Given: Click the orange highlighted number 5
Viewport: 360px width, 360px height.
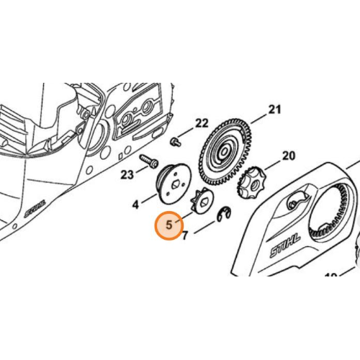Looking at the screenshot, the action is tap(169, 225).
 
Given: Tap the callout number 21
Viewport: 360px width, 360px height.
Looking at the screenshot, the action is tap(274, 109).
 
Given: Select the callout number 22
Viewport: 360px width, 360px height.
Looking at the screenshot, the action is tap(202, 124).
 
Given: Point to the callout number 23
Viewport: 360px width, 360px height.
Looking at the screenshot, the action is tap(127, 175).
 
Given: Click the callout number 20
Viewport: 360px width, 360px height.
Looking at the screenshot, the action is tap(289, 156).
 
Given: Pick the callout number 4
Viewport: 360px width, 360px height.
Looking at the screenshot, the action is tap(136, 204).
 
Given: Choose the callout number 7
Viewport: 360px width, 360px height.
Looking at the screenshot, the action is tap(184, 236).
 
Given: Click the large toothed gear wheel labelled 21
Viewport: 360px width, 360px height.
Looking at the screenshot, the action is tap(225, 152).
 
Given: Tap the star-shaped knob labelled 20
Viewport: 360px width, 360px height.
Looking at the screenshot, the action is tap(251, 183).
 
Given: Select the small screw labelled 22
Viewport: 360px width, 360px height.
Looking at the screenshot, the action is tap(175, 141).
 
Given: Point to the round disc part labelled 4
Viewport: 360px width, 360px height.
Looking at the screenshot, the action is tap(174, 184).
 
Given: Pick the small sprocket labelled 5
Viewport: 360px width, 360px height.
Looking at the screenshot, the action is tap(202, 200).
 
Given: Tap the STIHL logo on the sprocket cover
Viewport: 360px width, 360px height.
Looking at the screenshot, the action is tap(285, 246).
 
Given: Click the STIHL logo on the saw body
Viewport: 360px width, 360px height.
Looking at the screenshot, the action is tap(35, 208).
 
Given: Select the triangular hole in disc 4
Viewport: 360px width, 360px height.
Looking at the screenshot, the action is tap(175, 185).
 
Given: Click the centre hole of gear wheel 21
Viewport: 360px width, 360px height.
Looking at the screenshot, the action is tap(224, 152).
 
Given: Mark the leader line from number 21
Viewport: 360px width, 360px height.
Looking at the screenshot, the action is tap(258, 118).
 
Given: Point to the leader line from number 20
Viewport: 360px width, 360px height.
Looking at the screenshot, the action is tap(271, 165).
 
